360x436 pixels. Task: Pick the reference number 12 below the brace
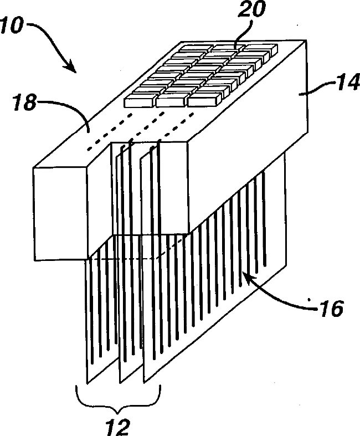pyautogui.click(x=117, y=426)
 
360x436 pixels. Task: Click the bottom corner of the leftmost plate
pyautogui.click(x=88, y=383)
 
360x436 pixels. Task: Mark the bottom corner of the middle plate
pyautogui.click(x=120, y=382)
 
